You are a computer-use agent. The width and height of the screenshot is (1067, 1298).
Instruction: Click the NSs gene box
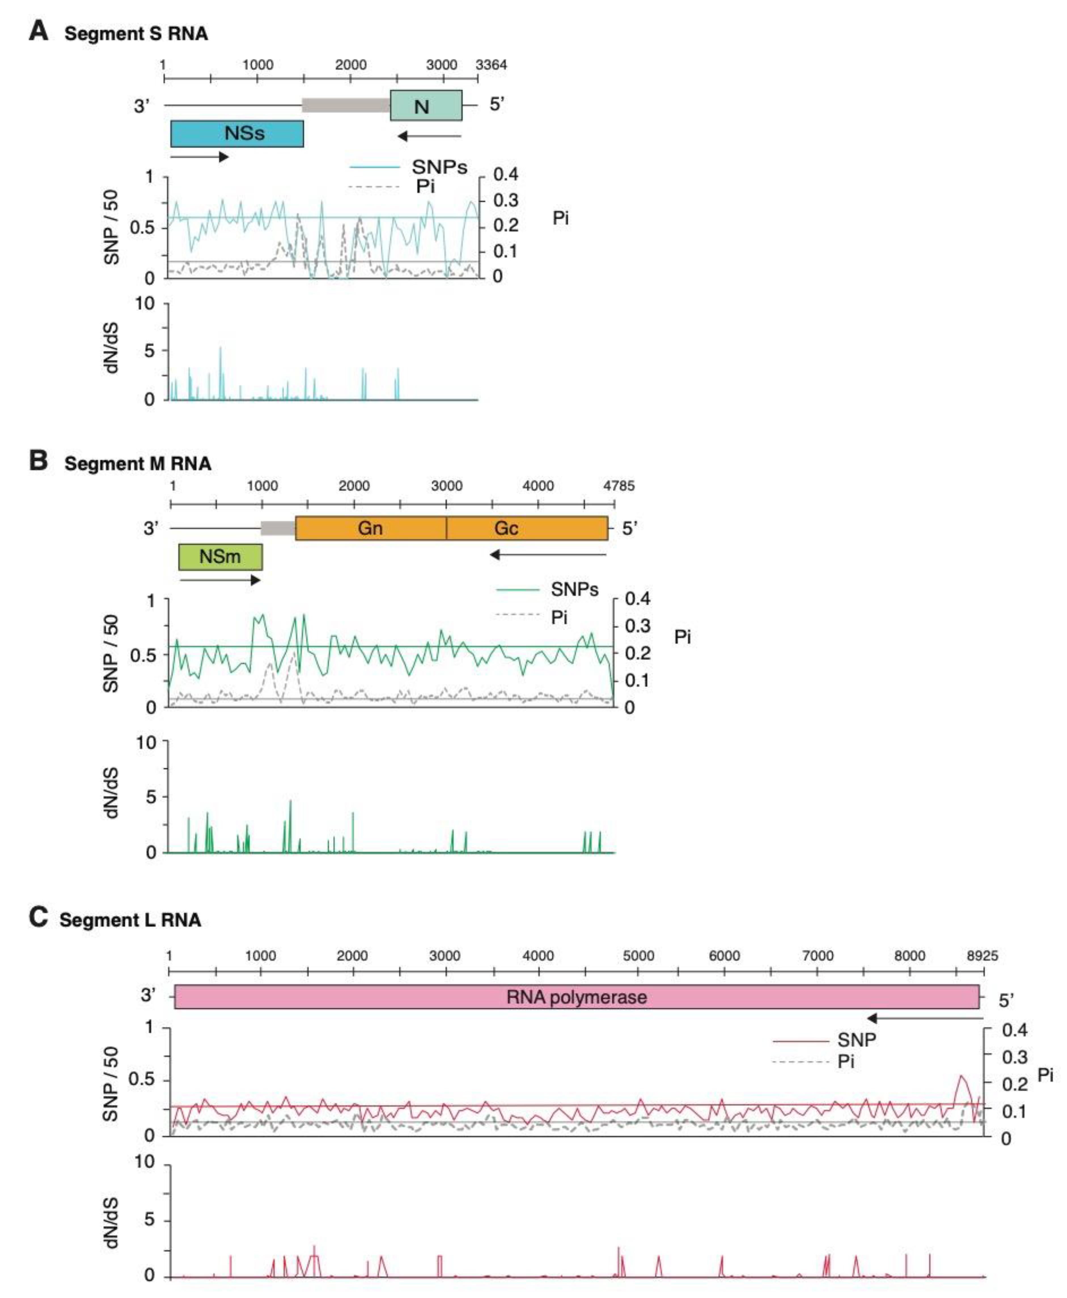pyautogui.click(x=237, y=133)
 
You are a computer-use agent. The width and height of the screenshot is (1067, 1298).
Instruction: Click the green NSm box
pyautogui.click(x=220, y=557)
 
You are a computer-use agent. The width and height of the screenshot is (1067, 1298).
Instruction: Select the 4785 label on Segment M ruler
pyautogui.click(x=618, y=486)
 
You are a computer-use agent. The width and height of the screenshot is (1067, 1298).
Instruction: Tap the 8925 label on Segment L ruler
pyautogui.click(x=982, y=956)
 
